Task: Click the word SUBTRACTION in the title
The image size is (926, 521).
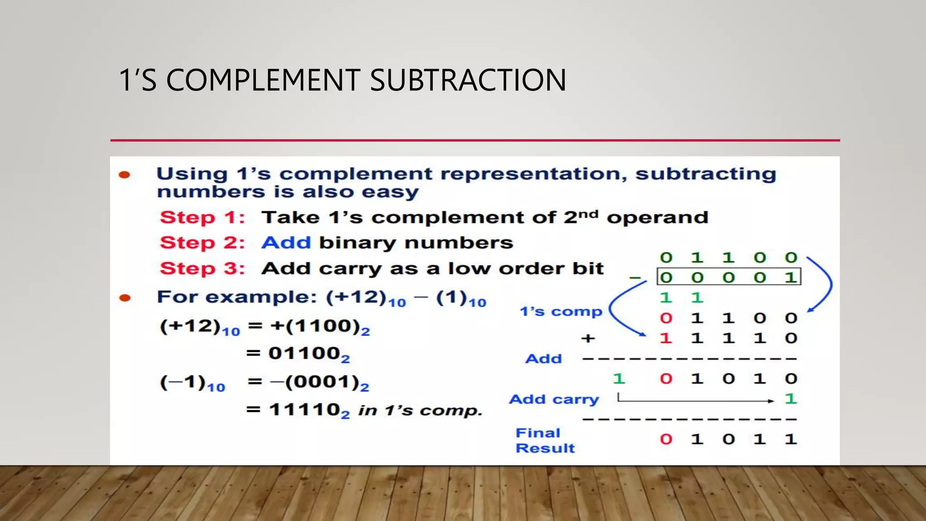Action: [468, 81]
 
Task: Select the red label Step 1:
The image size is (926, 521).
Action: [202, 218]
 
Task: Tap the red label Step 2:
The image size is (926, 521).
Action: [202, 243]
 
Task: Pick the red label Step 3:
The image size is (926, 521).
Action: [202, 269]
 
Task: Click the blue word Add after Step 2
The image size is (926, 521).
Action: [286, 243]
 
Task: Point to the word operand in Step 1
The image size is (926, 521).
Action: [657, 218]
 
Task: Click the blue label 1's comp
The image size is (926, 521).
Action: [561, 312]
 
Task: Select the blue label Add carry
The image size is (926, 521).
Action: [553, 399]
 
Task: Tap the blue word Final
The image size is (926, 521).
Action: [538, 433]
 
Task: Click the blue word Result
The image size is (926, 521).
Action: [545, 448]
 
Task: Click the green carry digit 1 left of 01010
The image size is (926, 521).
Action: [619, 379]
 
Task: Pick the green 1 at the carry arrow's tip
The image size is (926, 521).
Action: [790, 399]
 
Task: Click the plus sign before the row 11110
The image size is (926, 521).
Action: [588, 338]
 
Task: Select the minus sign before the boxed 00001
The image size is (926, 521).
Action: [635, 278]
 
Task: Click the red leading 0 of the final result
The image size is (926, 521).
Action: [666, 439]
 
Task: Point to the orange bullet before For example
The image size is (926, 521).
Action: [125, 298]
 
